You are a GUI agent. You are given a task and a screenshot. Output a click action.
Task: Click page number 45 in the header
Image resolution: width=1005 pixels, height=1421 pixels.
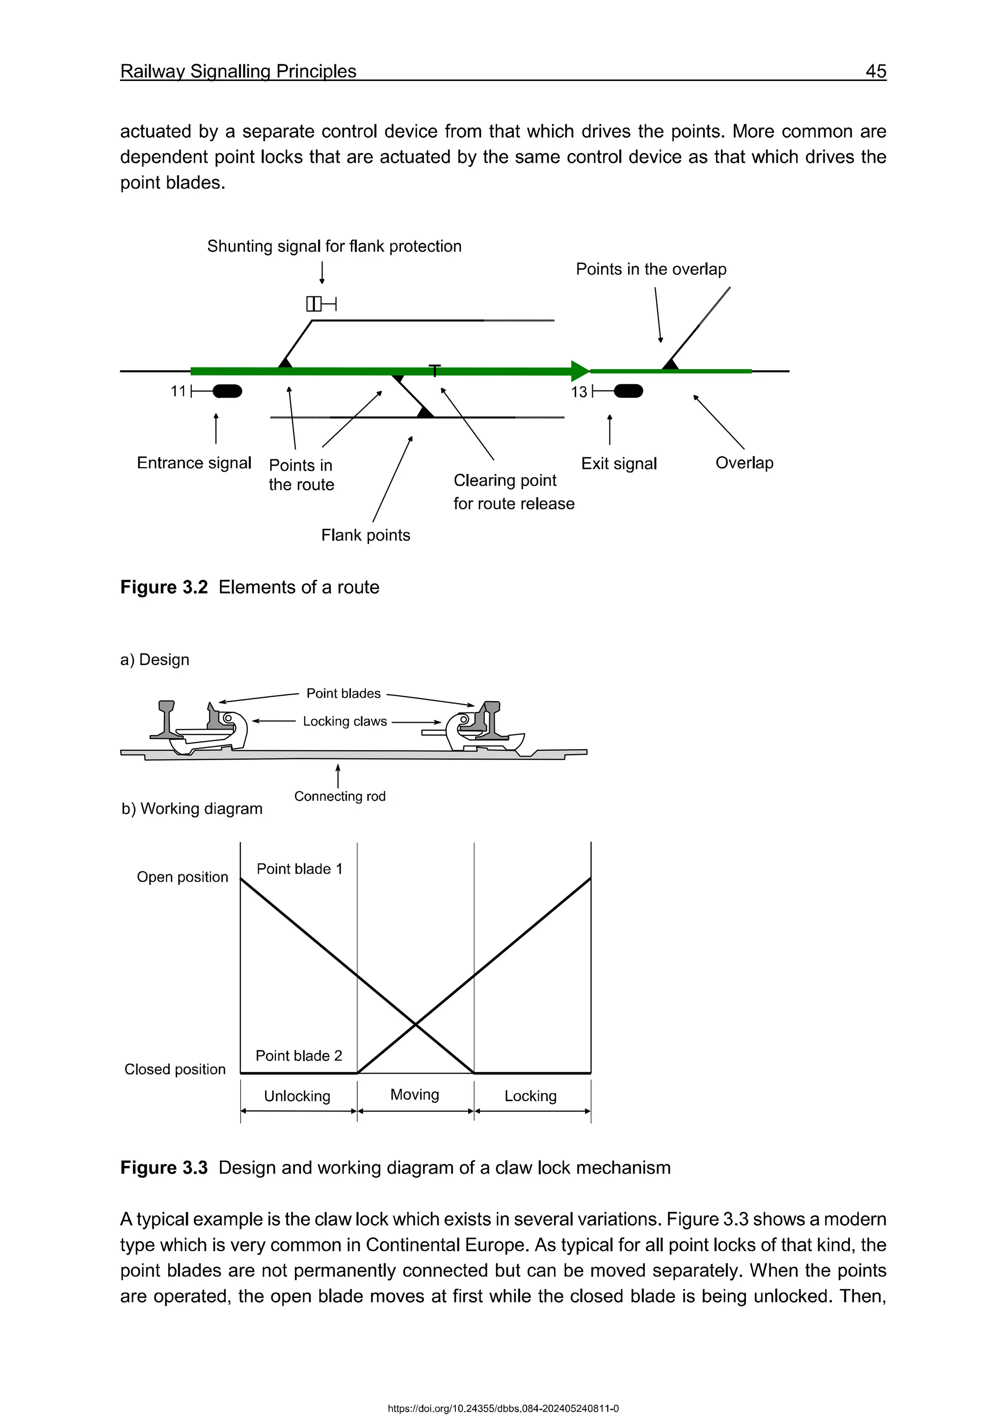875,71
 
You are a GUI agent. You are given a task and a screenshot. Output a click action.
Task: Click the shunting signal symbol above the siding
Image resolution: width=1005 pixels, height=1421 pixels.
320,304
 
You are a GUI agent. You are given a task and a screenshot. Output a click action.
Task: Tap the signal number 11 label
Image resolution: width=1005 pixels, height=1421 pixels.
178,391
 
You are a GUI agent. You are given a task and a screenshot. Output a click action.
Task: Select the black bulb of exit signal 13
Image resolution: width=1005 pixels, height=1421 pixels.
629,391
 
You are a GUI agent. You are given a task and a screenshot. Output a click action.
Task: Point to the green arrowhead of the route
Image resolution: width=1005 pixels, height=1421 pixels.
580,371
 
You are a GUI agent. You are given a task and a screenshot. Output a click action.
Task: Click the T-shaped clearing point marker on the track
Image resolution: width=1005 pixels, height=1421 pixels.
435,370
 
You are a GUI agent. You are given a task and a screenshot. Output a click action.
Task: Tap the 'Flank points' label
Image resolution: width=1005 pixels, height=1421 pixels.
365,535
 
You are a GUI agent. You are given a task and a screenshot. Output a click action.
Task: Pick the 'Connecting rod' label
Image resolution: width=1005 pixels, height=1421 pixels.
340,796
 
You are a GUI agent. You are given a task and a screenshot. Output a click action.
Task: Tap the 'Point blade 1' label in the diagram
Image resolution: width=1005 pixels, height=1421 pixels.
299,869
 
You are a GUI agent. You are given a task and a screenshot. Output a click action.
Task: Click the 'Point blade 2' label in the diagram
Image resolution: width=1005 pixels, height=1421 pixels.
299,1055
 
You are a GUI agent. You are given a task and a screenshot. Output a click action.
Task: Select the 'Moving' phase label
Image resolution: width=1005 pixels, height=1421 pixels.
415,1094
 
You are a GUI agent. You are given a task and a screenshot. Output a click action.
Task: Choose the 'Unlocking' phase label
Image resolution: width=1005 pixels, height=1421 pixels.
297,1096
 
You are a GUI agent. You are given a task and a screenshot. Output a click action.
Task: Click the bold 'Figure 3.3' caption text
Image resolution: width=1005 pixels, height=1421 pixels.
164,1167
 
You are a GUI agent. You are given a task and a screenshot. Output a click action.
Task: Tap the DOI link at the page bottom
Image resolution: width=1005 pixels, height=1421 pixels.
502,1409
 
